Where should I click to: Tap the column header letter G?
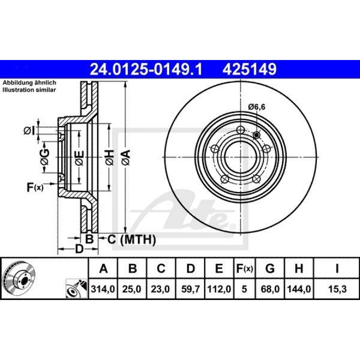tap(270, 268)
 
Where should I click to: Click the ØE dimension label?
tap(79, 158)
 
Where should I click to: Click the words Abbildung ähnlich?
tap(30, 82)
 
